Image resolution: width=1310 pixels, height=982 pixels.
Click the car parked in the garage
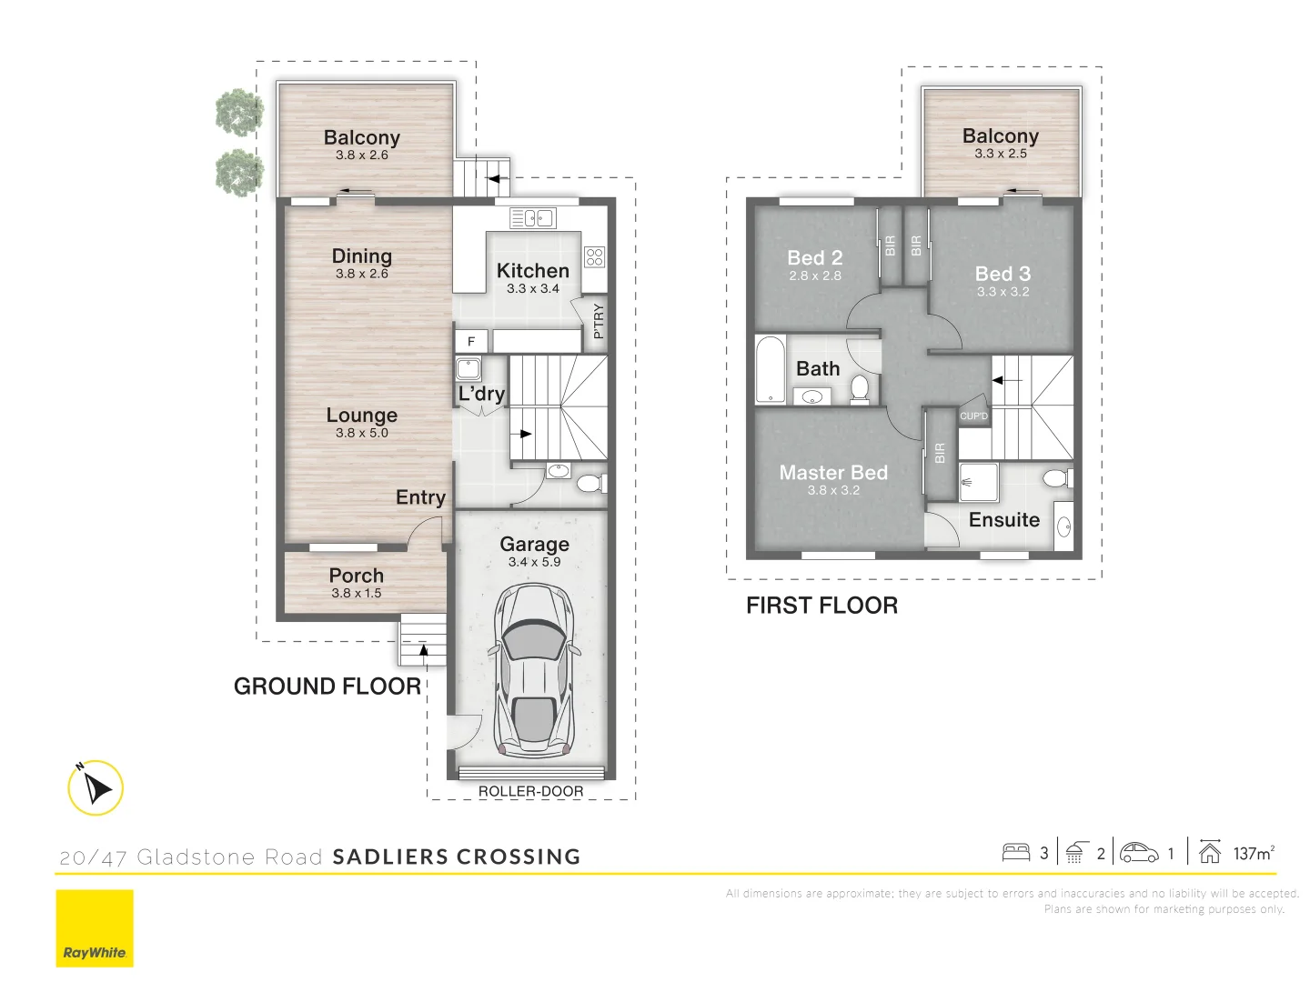[534, 671]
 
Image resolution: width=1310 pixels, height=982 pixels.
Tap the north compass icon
[96, 787]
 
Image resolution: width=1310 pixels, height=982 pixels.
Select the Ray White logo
[95, 928]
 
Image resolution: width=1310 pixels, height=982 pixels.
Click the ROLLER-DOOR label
[530, 791]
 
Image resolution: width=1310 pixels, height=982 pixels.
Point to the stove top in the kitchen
[594, 256]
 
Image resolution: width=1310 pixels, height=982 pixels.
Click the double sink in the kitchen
[533, 218]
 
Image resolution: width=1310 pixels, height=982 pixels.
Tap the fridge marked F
[471, 341]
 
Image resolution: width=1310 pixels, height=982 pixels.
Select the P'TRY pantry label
[598, 321]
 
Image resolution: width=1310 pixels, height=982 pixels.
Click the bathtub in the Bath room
[770, 369]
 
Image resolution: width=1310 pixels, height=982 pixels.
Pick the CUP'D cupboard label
[973, 416]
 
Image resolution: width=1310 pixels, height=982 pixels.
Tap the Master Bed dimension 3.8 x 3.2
[833, 490]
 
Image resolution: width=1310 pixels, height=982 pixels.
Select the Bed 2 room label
[815, 258]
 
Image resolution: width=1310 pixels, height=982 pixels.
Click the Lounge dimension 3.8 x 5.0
[361, 433]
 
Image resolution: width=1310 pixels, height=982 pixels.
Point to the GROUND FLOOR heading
[327, 686]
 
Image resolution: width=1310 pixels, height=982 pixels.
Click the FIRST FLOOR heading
[821, 606]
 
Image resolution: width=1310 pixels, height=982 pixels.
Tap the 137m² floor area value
[1254, 853]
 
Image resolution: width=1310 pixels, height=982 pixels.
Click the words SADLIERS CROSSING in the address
[457, 857]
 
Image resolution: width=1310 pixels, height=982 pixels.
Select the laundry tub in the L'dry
[469, 369]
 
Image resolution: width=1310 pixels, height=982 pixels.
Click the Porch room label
[357, 576]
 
